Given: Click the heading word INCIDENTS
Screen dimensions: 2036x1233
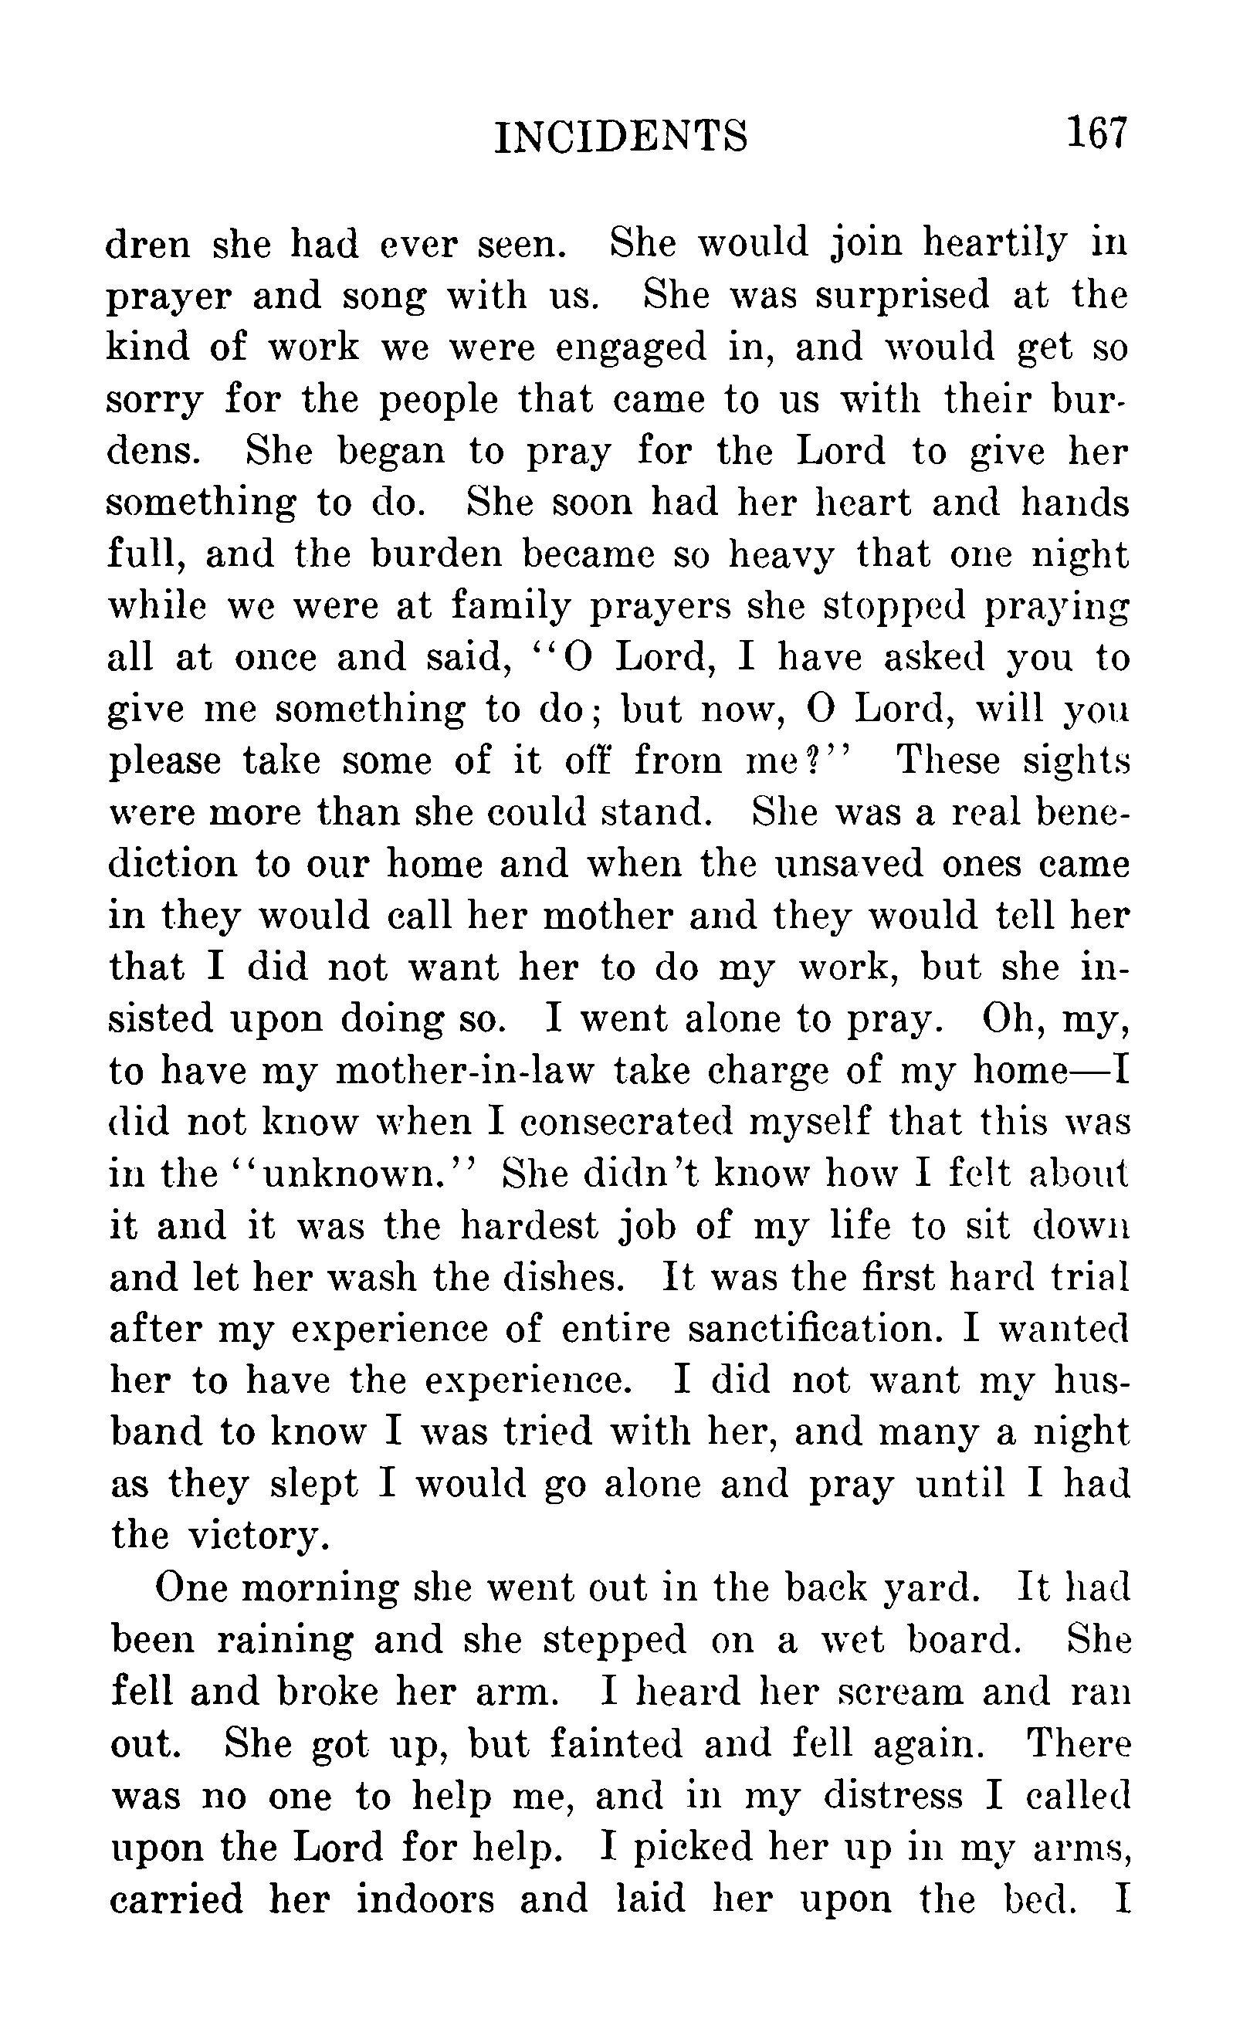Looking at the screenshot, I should coord(621,137).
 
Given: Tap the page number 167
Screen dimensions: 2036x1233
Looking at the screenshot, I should coord(1096,132).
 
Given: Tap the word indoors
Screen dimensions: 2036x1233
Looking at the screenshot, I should coord(425,1899).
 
